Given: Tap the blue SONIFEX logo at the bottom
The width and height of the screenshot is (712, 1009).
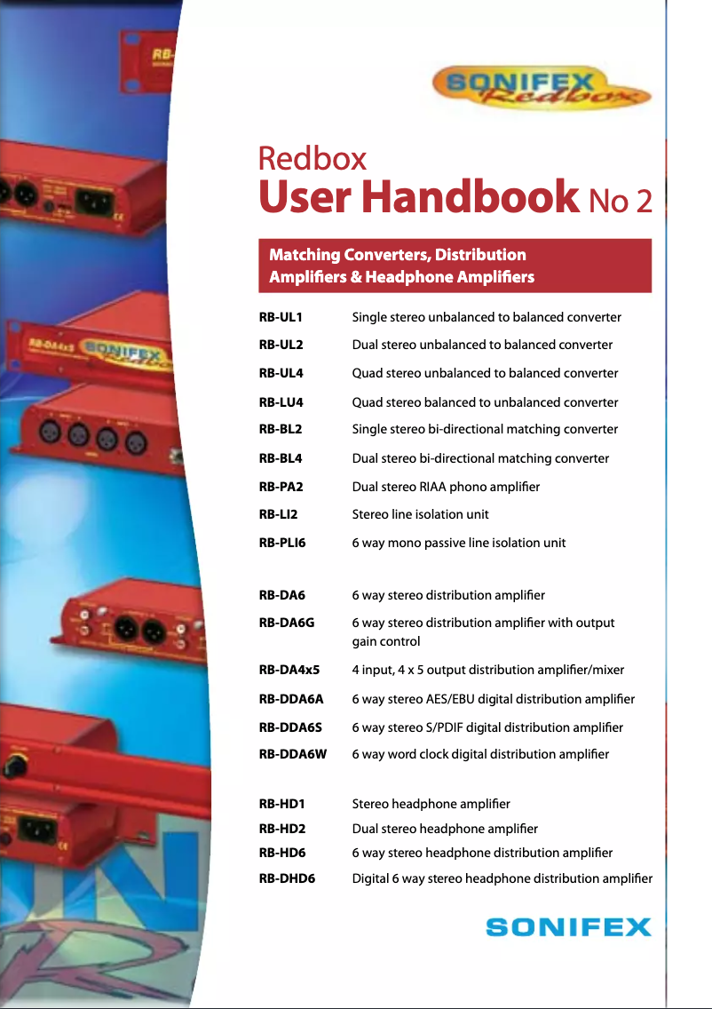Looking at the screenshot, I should click(x=568, y=927).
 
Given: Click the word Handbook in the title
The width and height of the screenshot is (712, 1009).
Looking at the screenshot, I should click(x=471, y=197).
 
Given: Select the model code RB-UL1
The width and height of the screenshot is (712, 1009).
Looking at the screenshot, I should click(x=281, y=317).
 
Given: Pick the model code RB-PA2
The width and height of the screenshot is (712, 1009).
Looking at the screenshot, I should click(x=281, y=486).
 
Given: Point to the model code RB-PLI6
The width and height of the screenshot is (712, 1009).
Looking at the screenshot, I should click(x=282, y=542).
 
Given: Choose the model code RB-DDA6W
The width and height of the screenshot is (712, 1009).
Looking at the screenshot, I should click(x=293, y=754).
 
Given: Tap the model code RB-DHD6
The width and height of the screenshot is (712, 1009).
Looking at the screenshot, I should click(x=287, y=878).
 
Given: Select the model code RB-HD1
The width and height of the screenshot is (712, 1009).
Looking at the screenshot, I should click(x=282, y=804).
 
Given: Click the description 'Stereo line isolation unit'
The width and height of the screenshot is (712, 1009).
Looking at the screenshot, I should click(x=420, y=514).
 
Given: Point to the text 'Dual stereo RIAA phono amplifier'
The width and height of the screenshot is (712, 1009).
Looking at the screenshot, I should click(x=446, y=486).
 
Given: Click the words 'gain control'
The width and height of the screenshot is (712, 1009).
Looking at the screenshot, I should click(x=386, y=640).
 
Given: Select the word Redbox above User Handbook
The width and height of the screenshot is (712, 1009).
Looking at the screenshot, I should click(x=312, y=158).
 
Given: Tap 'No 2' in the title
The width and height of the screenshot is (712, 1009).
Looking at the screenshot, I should click(x=621, y=202).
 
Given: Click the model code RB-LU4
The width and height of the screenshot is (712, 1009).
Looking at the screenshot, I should click(x=281, y=402).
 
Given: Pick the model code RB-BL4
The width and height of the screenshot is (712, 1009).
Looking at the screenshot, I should click(x=281, y=458).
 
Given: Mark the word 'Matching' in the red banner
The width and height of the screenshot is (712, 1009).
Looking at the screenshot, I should click(x=305, y=255).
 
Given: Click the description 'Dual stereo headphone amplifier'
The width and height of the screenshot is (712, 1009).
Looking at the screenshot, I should click(x=445, y=829).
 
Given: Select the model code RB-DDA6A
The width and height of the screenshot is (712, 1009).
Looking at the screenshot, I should click(x=291, y=699).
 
